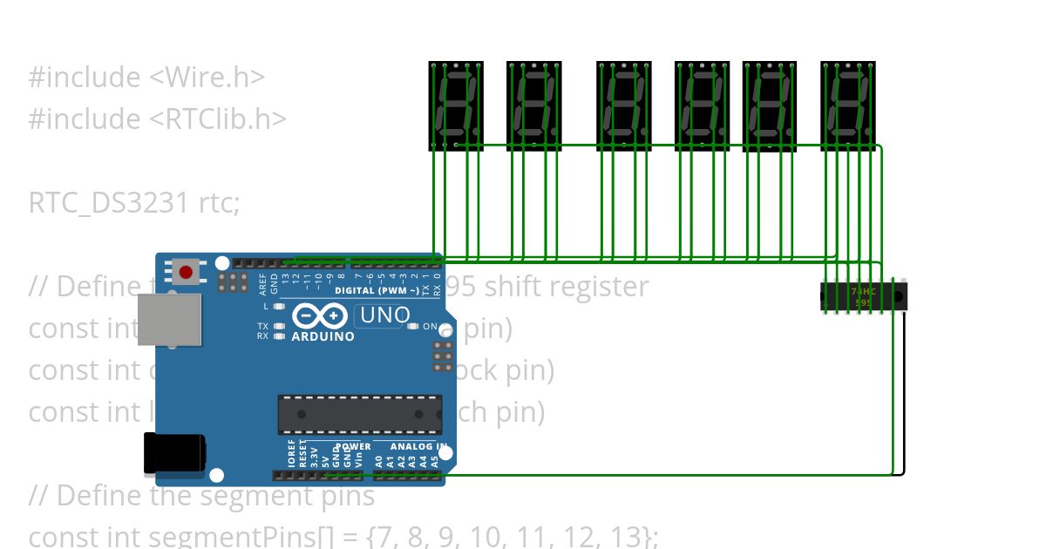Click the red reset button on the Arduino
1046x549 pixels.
tap(186, 272)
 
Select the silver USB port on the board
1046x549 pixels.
tap(169, 319)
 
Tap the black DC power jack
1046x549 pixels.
tap(174, 454)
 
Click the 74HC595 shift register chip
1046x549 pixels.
tap(863, 296)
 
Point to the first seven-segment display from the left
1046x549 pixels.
tap(456, 105)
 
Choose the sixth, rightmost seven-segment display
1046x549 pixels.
tap(848, 105)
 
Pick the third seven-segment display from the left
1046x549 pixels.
tap(624, 105)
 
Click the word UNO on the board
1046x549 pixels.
tap(384, 315)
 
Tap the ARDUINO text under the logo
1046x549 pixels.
tap(323, 336)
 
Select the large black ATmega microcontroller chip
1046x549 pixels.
tap(359, 414)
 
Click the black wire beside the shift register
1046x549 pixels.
tap(905, 392)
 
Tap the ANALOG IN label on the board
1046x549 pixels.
tap(418, 446)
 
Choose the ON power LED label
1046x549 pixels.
tap(430, 326)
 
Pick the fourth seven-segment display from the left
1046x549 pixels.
tap(703, 105)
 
